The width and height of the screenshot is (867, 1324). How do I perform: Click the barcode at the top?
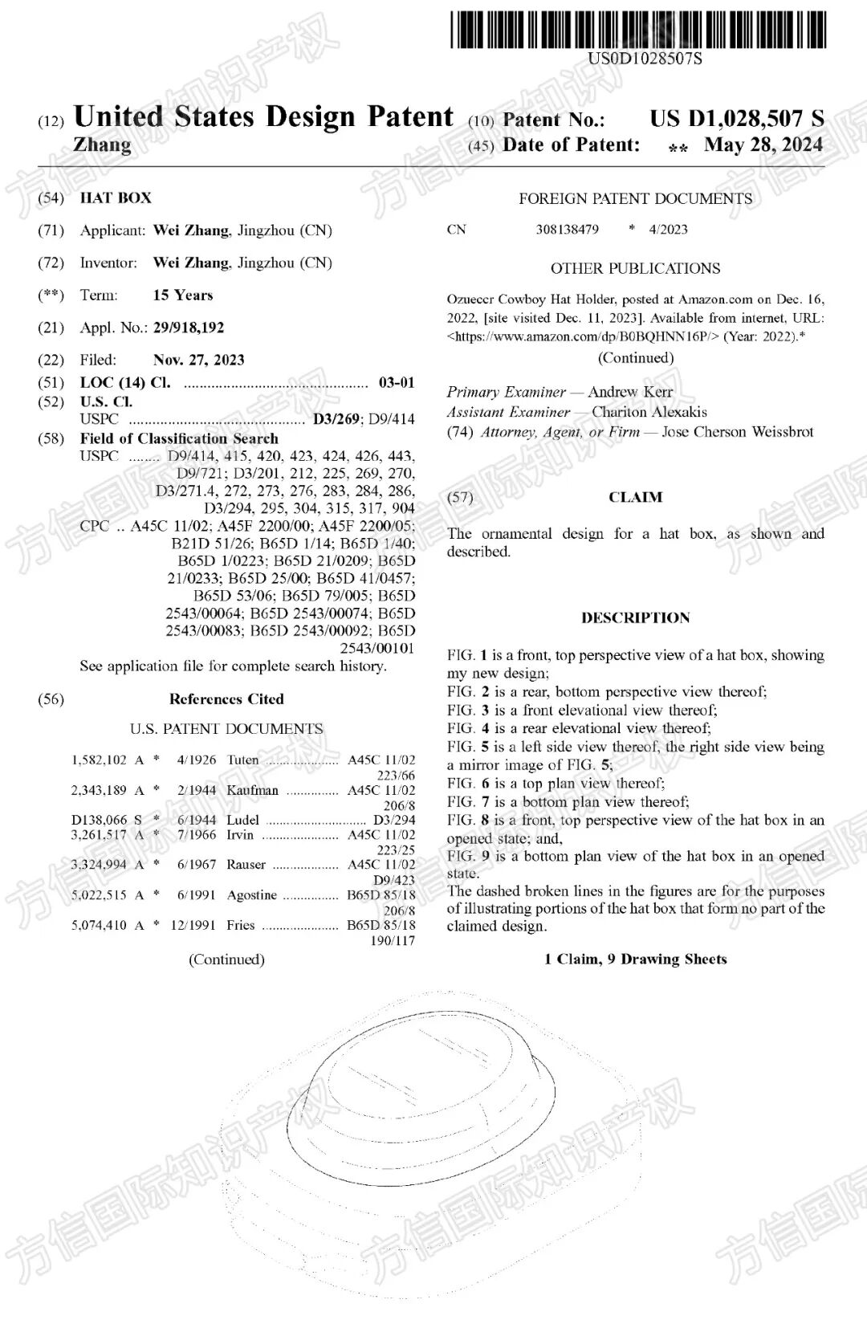[637, 28]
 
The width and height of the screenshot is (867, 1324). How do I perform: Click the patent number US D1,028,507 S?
[736, 119]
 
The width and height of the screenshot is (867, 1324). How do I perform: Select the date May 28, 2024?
[763, 145]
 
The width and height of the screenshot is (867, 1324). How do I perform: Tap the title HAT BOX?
[116, 198]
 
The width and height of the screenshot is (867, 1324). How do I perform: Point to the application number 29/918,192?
[189, 328]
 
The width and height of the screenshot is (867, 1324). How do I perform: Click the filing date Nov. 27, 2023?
[198, 360]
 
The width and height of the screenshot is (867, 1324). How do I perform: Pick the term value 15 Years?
[183, 295]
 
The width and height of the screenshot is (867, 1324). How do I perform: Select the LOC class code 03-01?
[397, 382]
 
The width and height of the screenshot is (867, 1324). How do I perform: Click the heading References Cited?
[226, 699]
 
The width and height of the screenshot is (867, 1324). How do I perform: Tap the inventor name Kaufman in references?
[253, 790]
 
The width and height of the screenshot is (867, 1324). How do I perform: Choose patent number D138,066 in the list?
[99, 820]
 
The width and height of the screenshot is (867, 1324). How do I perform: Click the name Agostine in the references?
[252, 894]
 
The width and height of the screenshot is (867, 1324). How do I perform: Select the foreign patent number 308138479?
[567, 230]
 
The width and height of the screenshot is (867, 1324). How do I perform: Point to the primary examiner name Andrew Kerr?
[630, 392]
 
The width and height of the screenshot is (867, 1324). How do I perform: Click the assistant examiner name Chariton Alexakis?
[649, 412]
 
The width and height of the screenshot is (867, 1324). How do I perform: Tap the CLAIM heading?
[635, 497]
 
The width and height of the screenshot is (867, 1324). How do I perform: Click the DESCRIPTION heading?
[635, 617]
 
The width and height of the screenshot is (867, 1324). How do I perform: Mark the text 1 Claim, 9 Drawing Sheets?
[635, 959]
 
